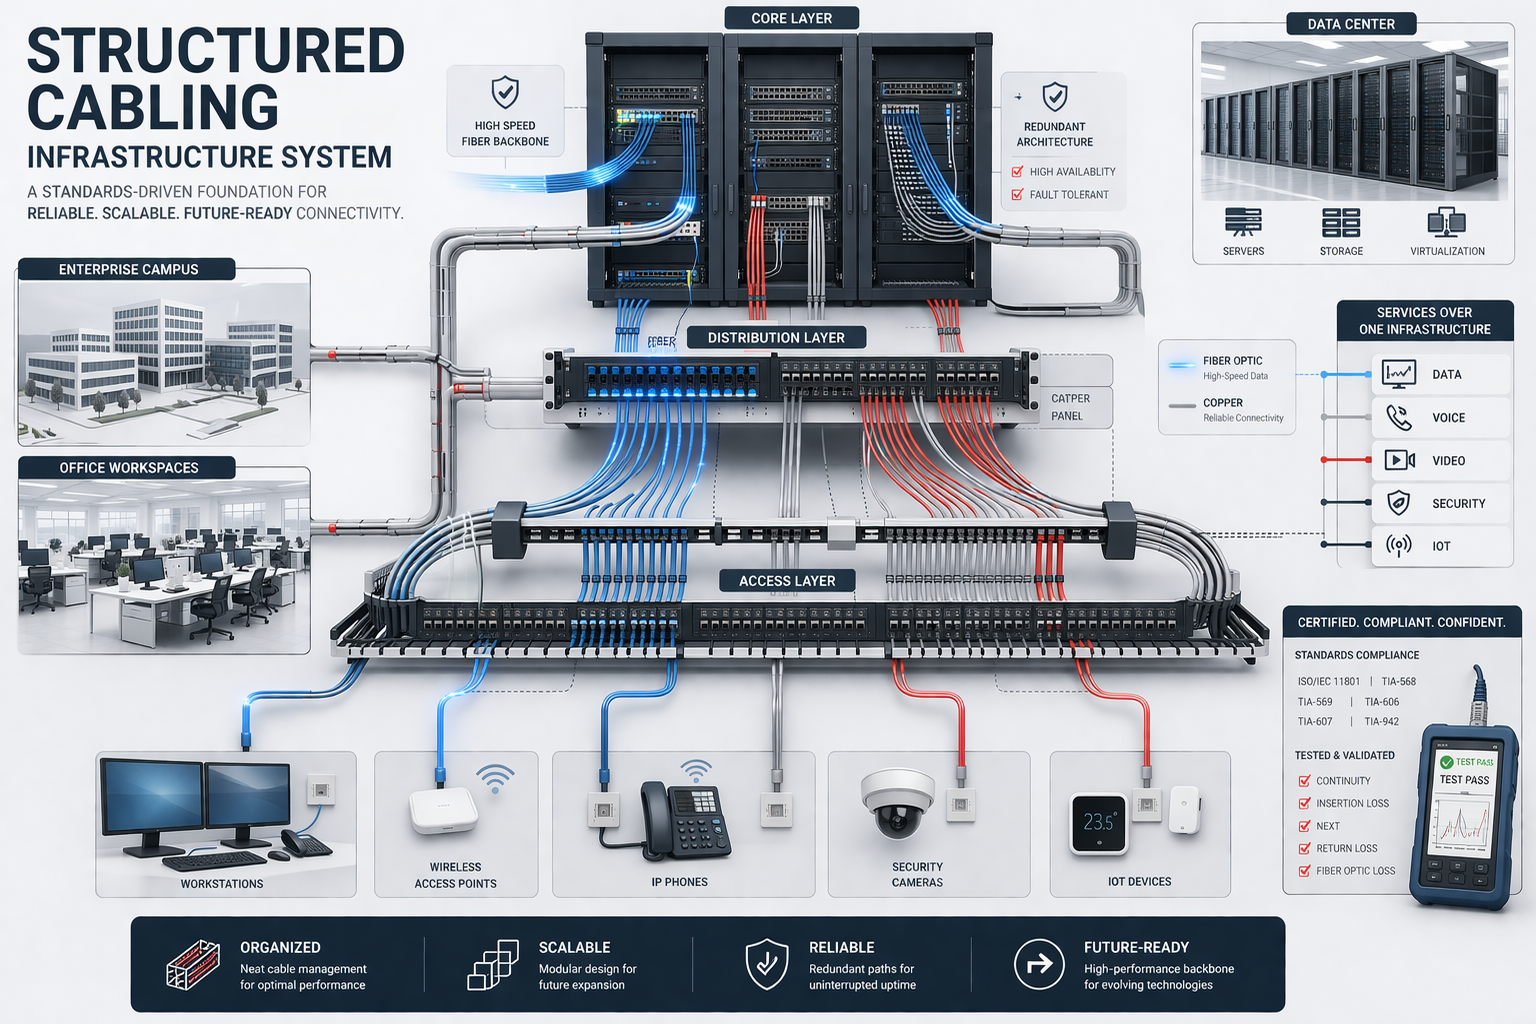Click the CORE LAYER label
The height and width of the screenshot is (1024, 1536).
(791, 18)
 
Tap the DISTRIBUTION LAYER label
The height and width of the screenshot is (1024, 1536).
(776, 338)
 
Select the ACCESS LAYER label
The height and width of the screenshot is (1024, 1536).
(787, 581)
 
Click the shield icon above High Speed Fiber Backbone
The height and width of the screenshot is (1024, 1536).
(505, 93)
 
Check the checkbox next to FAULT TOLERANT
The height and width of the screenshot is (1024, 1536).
(1017, 195)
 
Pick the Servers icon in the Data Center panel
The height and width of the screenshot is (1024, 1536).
(1243, 222)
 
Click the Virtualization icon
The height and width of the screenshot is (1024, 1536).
(1446, 222)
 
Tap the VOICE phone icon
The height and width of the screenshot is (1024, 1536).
(1399, 418)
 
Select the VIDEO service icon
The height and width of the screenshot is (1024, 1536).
(1399, 460)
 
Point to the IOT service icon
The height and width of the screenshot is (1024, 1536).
(1398, 546)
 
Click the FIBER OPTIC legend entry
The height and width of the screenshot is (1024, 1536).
(1232, 361)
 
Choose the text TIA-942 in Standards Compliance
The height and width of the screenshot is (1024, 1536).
(1382, 722)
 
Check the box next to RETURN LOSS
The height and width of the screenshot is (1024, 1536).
(1304, 849)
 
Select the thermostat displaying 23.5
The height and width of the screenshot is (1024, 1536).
(1098, 823)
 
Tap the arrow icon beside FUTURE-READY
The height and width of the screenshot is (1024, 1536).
(1039, 964)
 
